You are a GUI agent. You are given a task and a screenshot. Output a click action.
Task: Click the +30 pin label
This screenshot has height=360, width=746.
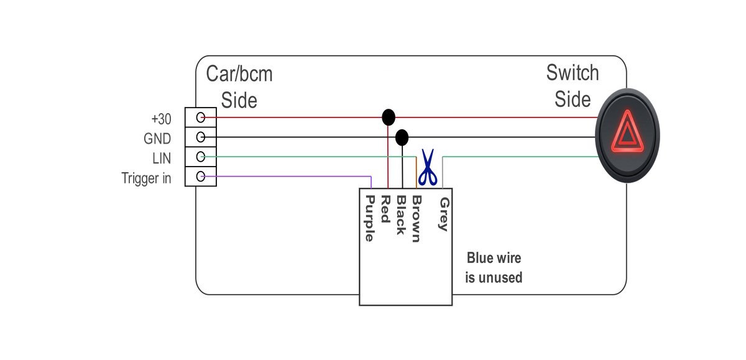tap(161, 118)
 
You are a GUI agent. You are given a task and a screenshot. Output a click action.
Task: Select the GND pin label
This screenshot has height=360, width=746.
tap(157, 138)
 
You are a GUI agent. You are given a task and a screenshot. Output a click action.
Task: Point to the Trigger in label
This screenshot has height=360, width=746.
tap(147, 178)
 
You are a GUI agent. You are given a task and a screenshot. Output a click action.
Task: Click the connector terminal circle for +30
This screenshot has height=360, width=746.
tap(201, 118)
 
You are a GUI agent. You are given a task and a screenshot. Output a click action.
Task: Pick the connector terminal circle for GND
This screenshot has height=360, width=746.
tap(201, 137)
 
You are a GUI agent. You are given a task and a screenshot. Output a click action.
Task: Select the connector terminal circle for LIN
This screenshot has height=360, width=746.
tap(201, 157)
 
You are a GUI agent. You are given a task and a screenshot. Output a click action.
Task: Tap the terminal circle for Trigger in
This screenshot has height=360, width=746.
tap(201, 177)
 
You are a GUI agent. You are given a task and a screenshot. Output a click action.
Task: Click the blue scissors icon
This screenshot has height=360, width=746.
tap(427, 168)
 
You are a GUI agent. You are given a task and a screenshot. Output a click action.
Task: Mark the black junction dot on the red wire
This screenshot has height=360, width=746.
tap(389, 117)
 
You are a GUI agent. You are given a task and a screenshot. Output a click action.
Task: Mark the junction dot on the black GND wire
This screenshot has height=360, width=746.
tap(402, 137)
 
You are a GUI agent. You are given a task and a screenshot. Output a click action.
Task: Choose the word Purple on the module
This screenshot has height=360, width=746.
tap(369, 218)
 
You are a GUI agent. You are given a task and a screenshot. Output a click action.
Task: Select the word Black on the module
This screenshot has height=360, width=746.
tap(401, 215)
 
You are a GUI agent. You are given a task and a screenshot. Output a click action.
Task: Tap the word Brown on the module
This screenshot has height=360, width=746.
tap(417, 219)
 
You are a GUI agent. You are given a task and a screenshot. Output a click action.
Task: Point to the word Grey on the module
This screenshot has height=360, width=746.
tap(443, 214)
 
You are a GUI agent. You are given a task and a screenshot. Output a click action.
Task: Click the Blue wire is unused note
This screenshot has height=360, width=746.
tap(494, 267)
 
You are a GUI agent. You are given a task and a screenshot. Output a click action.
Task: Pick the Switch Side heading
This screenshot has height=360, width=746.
tap(573, 85)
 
